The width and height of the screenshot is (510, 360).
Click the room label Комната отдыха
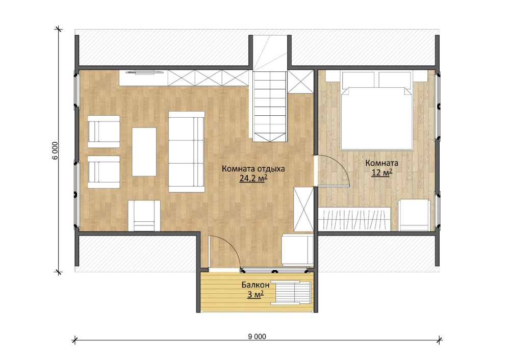(x=253, y=169)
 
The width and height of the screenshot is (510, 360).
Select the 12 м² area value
(x=382, y=172)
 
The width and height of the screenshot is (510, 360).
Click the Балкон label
(x=256, y=285)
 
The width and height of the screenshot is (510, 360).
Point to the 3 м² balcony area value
(x=256, y=295)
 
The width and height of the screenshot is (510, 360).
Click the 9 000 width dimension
(x=257, y=337)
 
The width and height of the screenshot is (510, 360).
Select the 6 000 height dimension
(x=55, y=150)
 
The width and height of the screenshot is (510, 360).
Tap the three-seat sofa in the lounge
(x=186, y=152)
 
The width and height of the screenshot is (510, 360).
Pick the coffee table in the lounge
(x=144, y=152)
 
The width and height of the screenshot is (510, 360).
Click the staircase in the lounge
(x=270, y=107)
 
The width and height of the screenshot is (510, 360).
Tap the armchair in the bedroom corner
(x=414, y=215)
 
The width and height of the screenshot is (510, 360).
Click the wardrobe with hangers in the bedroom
(x=354, y=219)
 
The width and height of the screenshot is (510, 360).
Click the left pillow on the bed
(x=358, y=80)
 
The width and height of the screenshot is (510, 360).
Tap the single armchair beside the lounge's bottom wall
(x=144, y=216)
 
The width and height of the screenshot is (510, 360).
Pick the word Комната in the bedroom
(x=382, y=163)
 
